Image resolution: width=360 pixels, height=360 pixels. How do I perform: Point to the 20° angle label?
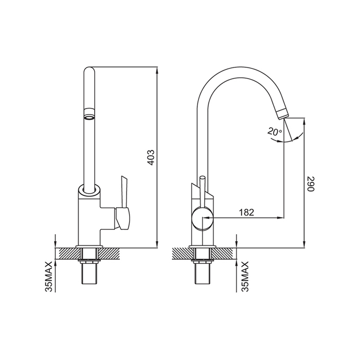click(275, 132)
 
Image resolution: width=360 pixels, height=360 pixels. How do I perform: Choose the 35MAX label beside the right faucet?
click(245, 276)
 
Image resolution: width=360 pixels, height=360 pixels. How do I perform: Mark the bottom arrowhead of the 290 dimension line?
click(304, 244)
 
